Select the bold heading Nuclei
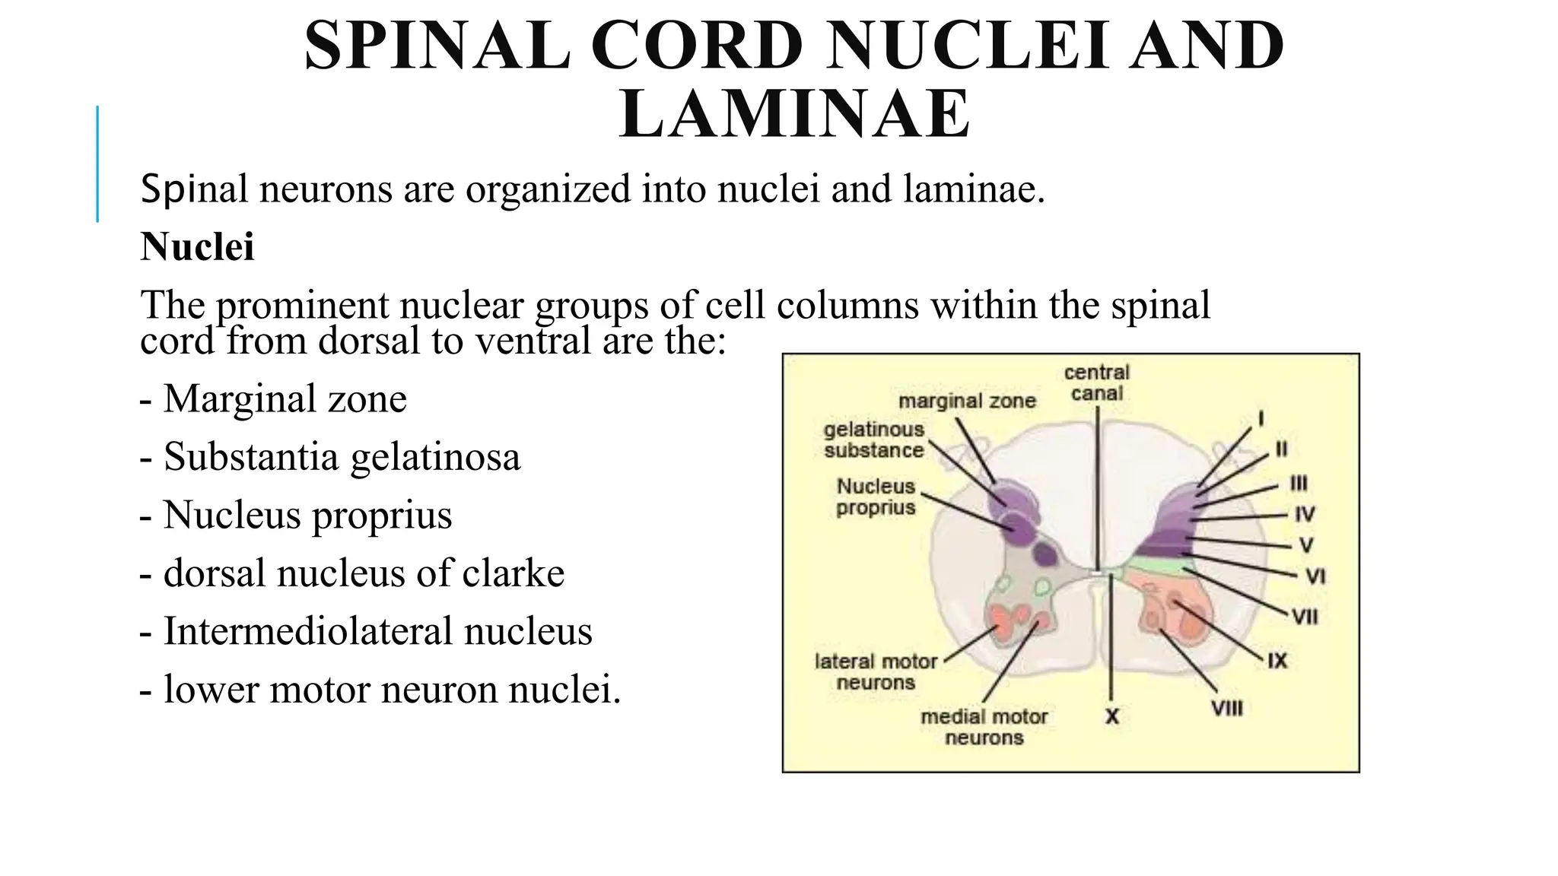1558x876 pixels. point(197,246)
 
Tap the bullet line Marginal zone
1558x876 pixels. point(274,398)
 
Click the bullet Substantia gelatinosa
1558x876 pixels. point(331,457)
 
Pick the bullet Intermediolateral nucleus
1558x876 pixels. point(366,631)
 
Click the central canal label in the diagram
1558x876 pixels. point(1096,382)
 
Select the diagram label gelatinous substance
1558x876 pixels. point(873,440)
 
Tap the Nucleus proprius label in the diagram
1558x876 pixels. point(876,497)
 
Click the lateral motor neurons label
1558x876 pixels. point(876,671)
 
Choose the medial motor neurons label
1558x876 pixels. point(984,727)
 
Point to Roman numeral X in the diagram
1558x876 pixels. point(1111,716)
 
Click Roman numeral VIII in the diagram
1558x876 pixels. point(1226,709)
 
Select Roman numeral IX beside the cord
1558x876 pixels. point(1277,661)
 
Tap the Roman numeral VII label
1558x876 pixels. point(1305,616)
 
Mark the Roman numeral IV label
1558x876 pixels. point(1305,515)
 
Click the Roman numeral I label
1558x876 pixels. point(1261,418)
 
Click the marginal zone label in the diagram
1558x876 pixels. point(967,401)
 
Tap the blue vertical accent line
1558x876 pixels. point(97,163)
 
